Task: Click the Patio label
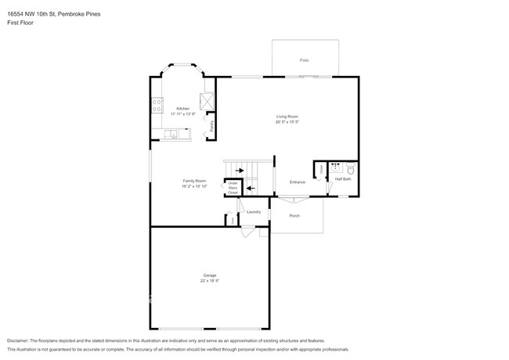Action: pos(303,60)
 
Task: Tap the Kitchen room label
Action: pos(182,109)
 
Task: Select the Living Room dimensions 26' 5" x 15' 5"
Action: pos(287,121)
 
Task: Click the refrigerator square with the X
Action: pos(207,101)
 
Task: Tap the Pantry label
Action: pos(212,125)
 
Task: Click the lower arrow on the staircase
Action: pos(251,188)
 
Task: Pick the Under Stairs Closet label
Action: pos(233,188)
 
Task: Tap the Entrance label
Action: pos(298,182)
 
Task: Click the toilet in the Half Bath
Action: pos(351,168)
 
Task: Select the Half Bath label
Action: pos(343,179)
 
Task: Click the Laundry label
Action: pos(254,212)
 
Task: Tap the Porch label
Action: pos(294,215)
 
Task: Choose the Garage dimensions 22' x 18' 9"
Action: pos(210,280)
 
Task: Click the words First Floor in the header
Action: pos(20,23)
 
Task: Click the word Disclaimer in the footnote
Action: pos(20,341)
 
